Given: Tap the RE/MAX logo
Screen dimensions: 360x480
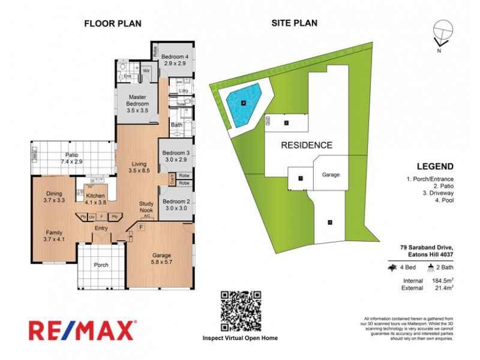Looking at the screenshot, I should coord(82,331).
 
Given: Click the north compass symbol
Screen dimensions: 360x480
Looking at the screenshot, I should coord(442,34).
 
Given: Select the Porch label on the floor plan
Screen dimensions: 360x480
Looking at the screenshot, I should coord(101,265).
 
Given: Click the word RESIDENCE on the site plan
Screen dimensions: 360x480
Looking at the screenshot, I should coord(307,145).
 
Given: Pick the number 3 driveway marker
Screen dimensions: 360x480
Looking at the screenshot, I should coord(329,223).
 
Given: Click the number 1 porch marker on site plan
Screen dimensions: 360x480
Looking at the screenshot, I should coord(301,178).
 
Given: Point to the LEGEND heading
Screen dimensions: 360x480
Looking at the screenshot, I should coord(434,167).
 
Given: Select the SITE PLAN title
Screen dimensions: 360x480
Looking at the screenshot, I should coord(294,24).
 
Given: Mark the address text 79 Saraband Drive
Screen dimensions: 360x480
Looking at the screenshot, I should coord(427,247).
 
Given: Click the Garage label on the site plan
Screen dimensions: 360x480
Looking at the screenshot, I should coord(331,175).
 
